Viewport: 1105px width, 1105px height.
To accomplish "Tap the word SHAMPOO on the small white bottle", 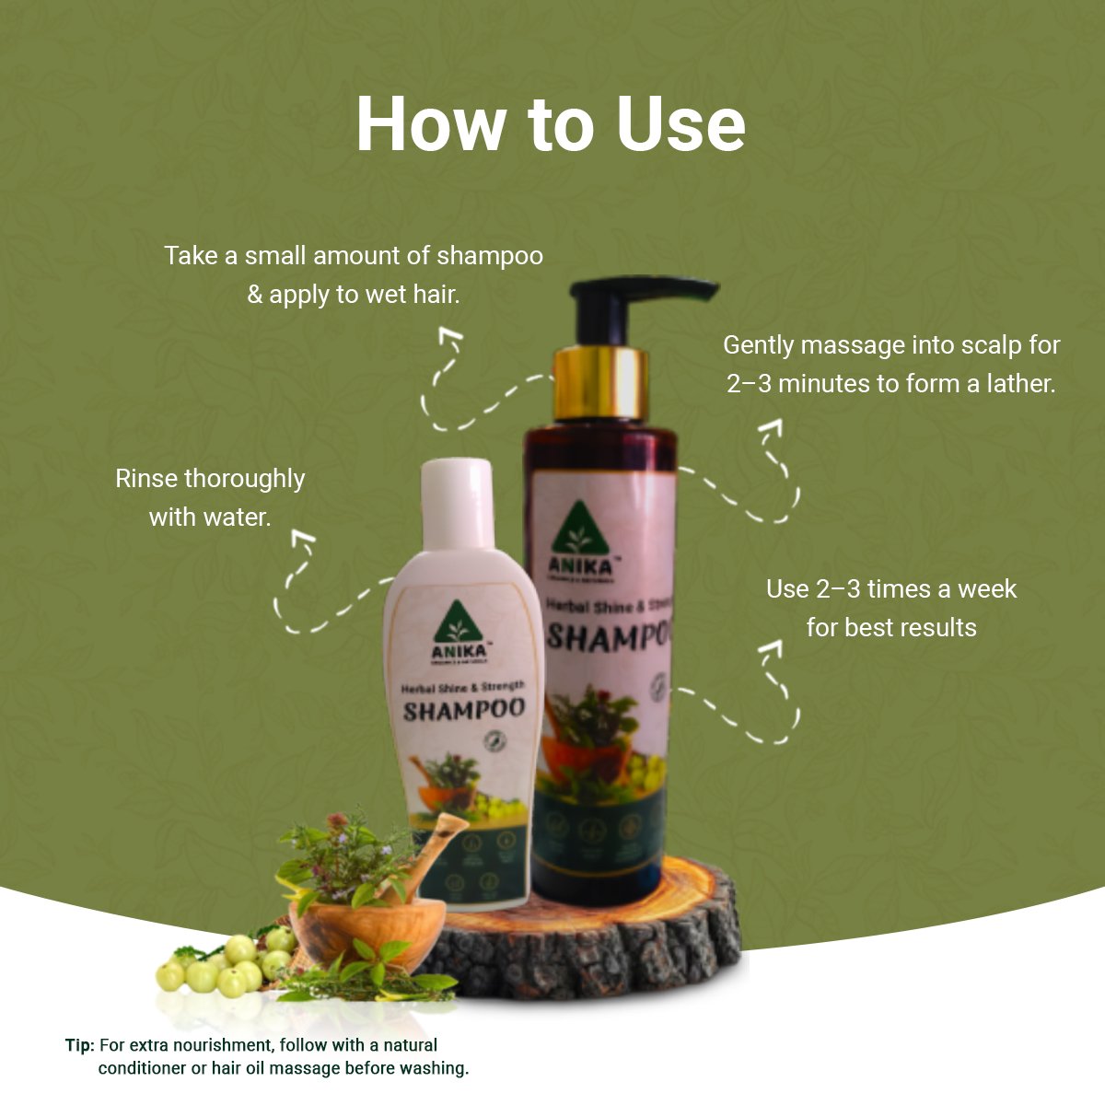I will (463, 711).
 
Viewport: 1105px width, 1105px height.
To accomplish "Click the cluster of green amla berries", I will (226, 962).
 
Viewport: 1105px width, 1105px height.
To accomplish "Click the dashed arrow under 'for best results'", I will (755, 700).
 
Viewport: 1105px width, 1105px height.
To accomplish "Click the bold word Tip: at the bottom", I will (79, 1045).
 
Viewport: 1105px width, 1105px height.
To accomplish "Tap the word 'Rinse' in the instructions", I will (146, 479).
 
